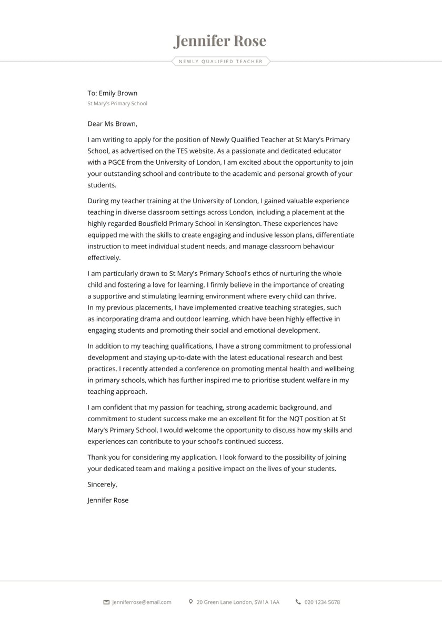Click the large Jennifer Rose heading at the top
(x=220, y=41)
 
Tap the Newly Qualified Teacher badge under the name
(x=220, y=62)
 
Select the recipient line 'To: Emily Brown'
(x=112, y=93)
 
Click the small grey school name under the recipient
(x=117, y=104)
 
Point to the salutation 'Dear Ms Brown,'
(x=112, y=124)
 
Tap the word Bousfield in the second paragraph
(x=154, y=223)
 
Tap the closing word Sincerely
(x=102, y=484)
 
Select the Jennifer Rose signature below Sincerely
(x=108, y=500)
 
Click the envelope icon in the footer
(x=106, y=602)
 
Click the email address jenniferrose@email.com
(x=142, y=602)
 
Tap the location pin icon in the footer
(x=190, y=601)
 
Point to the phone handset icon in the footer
(x=298, y=601)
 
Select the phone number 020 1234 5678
(x=322, y=602)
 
